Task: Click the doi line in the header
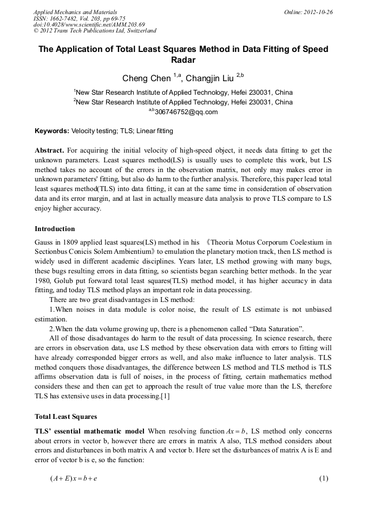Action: coord(89,24)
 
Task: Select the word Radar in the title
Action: coord(183,60)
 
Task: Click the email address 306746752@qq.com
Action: coord(186,112)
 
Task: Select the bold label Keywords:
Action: coord(52,131)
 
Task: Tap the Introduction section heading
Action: coord(55,229)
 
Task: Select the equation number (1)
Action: coord(324,478)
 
